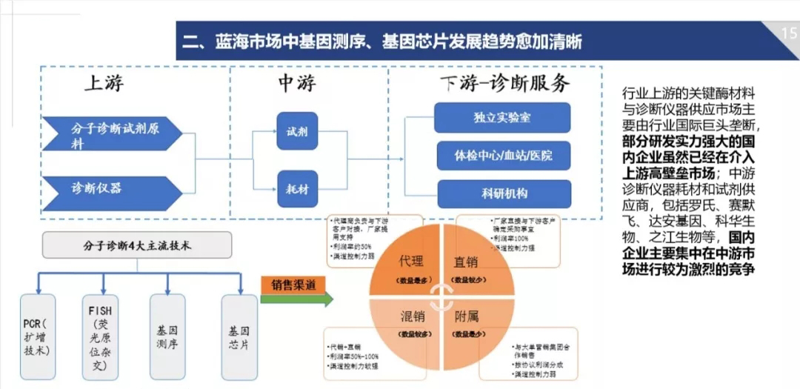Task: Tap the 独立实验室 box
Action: (x=502, y=118)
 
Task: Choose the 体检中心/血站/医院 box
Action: (x=502, y=156)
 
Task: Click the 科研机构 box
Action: (x=502, y=194)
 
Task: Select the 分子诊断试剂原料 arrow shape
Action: (x=111, y=133)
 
